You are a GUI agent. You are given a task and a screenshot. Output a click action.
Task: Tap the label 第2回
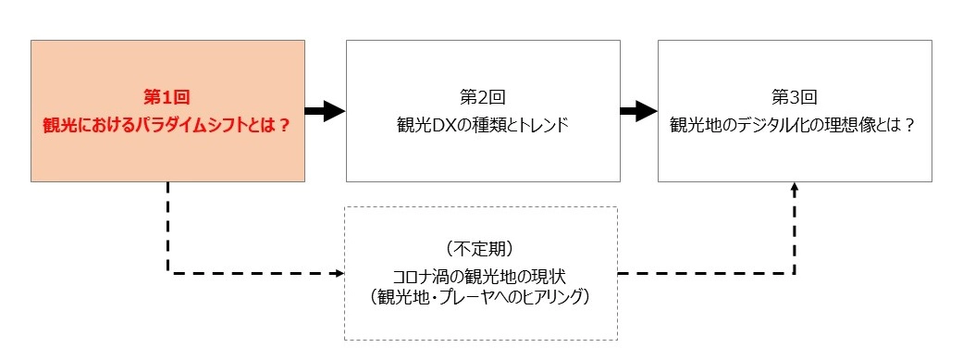pyautogui.click(x=482, y=96)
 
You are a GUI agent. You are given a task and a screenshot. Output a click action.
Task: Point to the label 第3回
pyautogui.click(x=794, y=96)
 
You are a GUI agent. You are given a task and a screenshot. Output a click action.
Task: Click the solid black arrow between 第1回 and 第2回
pyautogui.click(x=325, y=112)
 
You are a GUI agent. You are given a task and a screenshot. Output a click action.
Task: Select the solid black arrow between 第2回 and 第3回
pyautogui.click(x=637, y=112)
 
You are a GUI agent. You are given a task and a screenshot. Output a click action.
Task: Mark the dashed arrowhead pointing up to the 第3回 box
pyautogui.click(x=794, y=188)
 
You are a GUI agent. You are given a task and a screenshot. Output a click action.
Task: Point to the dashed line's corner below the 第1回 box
pyautogui.click(x=167, y=273)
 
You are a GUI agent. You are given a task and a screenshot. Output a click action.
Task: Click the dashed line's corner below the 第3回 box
pyautogui.click(x=794, y=273)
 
